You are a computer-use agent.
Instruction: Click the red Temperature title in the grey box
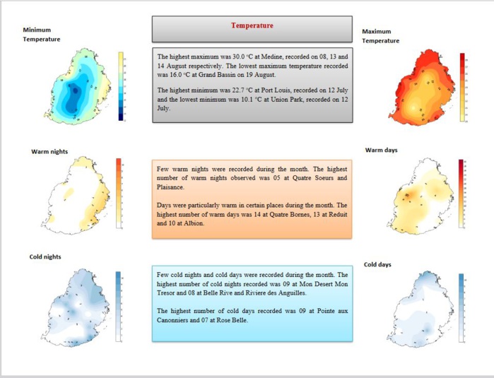(x=252, y=25)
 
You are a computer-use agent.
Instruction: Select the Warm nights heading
(x=49, y=150)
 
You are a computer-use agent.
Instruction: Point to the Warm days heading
(x=382, y=150)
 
